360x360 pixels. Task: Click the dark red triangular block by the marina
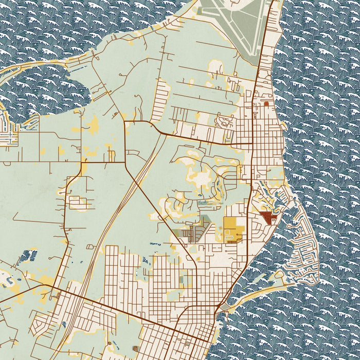pos(267,217)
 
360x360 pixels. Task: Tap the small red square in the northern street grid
pos(266,103)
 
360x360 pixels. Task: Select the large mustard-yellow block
pos(232,229)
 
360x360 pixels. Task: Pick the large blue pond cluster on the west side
pos(29,255)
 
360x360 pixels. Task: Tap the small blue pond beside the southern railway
pos(64,325)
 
